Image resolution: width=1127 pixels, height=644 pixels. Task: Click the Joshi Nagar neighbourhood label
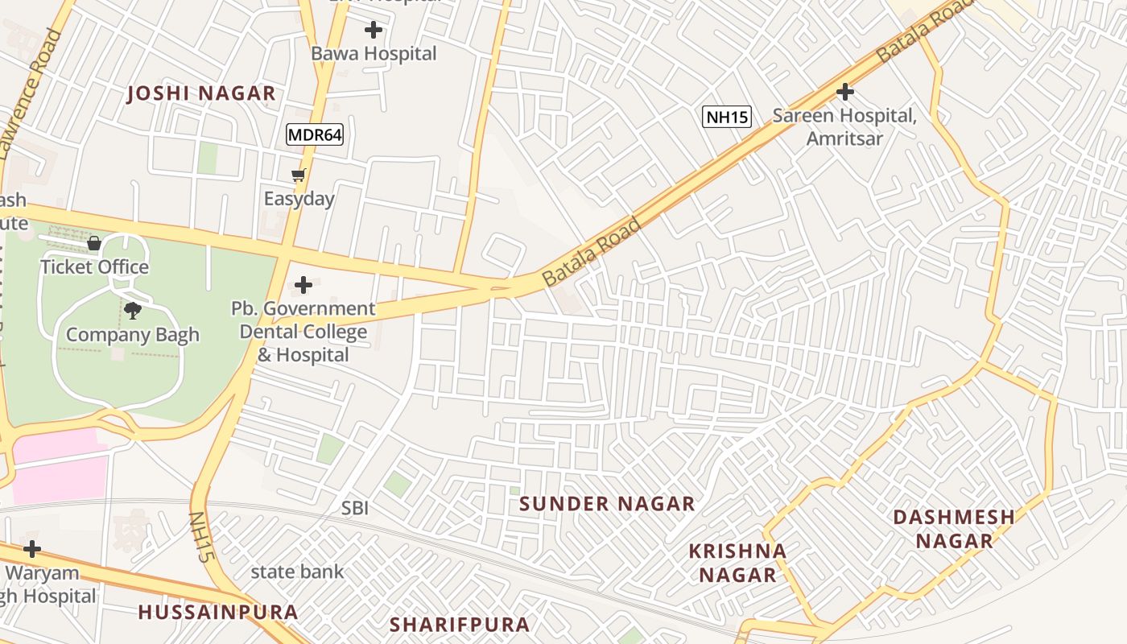pos(201,93)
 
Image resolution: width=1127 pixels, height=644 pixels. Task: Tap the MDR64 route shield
pos(315,134)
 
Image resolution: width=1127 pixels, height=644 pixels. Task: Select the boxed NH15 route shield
pos(727,117)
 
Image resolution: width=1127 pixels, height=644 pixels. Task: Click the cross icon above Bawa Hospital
pos(374,31)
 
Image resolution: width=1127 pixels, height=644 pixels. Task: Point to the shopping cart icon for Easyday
pos(299,175)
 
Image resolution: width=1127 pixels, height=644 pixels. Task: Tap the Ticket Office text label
pos(94,266)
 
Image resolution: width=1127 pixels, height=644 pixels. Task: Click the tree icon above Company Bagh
pos(132,311)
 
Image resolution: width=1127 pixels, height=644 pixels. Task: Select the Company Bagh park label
pos(132,335)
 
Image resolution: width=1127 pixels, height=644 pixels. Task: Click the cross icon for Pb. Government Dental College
pos(303,285)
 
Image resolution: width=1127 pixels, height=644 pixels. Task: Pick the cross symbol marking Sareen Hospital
pos(844,92)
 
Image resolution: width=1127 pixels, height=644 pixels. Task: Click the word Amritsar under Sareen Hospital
pos(844,138)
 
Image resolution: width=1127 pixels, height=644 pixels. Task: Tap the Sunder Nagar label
pos(607,504)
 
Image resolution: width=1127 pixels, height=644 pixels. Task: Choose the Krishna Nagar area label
pos(737,563)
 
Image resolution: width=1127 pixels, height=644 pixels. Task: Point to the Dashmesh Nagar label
pos(954,528)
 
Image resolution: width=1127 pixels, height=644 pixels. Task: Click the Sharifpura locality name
pos(460,624)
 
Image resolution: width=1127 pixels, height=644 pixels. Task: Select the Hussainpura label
pos(218,612)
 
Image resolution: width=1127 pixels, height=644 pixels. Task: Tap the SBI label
pos(355,508)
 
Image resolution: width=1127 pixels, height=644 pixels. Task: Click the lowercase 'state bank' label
pos(297,572)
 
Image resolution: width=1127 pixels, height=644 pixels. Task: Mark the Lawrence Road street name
pos(30,93)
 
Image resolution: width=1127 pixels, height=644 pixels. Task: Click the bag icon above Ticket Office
pos(94,243)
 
